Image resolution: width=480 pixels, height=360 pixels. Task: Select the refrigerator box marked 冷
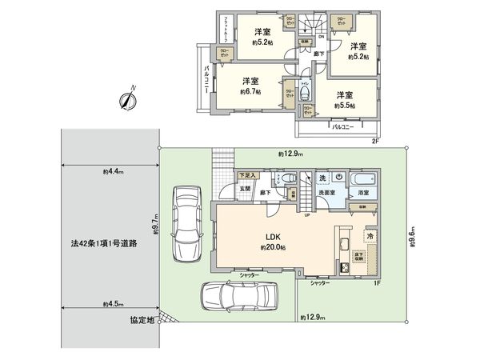click(370, 238)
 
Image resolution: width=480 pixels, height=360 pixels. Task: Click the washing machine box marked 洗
click(322, 177)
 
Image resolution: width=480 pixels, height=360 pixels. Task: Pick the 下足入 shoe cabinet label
click(247, 174)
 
